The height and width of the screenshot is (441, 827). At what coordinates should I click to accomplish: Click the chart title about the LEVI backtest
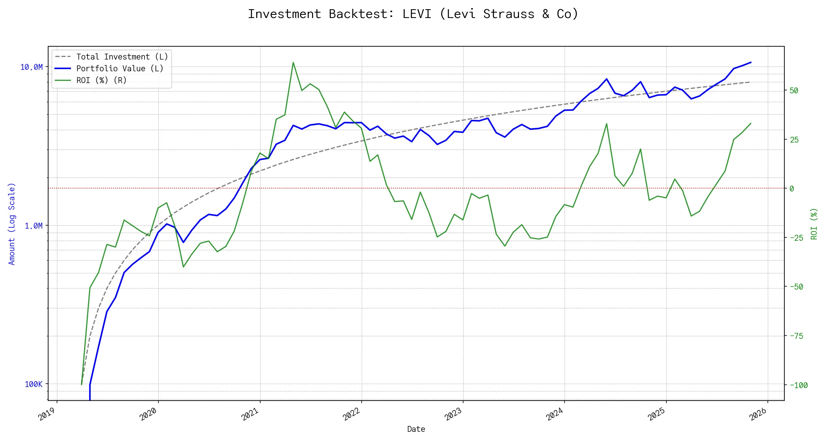pos(413,14)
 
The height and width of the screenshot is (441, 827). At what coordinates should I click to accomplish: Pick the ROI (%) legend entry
pos(101,80)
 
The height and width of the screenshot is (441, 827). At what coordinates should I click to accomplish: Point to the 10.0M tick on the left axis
pos(32,67)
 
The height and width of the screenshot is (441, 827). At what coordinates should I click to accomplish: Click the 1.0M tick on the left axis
pos(33,226)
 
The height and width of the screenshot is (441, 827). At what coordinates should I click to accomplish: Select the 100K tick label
pos(33,384)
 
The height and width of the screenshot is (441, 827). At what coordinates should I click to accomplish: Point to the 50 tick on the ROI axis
pos(794,90)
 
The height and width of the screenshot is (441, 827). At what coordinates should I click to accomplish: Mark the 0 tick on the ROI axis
pos(792,189)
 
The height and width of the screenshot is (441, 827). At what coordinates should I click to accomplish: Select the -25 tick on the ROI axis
pos(796,238)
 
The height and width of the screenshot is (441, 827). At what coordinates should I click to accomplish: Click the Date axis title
pos(416,429)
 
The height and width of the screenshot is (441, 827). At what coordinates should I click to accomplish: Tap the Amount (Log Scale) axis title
pos(12,223)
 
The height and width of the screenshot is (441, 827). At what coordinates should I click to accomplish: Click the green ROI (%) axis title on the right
pos(814,223)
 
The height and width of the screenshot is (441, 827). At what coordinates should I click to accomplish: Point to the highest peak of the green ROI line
pos(293,62)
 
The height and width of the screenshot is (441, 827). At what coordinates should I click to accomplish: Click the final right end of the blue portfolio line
pos(751,62)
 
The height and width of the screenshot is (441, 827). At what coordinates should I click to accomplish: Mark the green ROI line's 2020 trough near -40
pos(183,266)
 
